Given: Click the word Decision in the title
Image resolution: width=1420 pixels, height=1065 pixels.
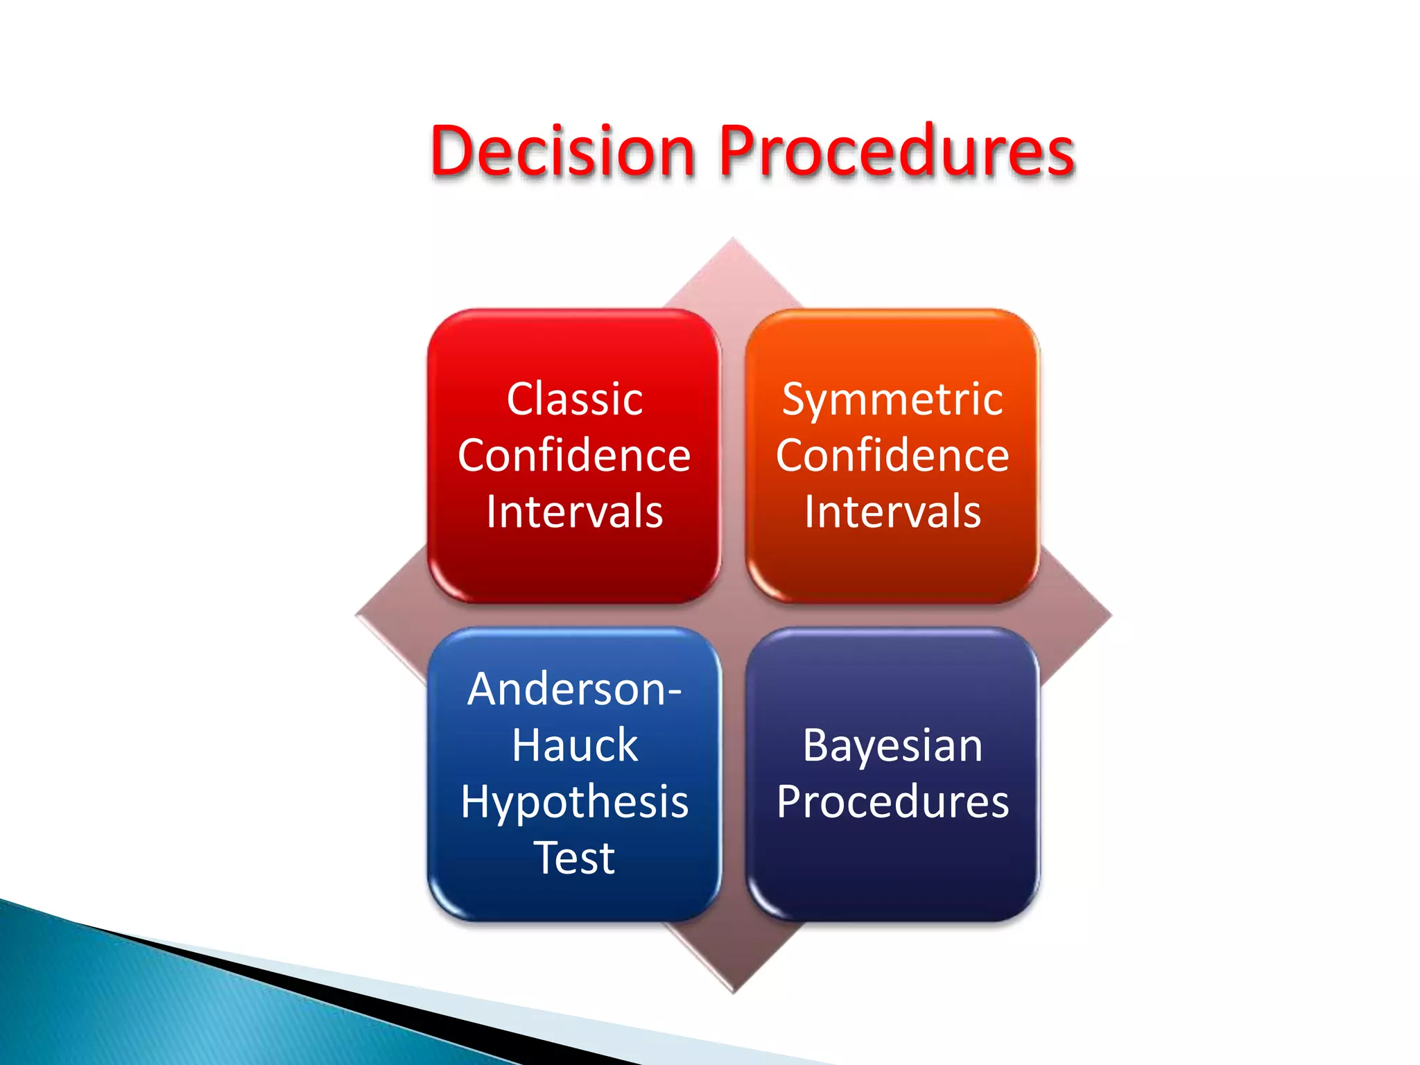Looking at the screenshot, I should pos(562,151).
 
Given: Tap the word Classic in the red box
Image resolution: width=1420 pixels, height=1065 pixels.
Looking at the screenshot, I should pos(574,399).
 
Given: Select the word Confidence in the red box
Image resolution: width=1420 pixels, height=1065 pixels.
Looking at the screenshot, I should pos(574,456).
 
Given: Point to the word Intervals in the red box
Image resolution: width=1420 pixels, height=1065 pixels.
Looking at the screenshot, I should pos(574,512).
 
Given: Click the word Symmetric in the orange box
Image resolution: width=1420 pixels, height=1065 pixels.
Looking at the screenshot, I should pos(892,400).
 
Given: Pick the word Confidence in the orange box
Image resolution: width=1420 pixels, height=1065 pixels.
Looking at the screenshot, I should pos(892,456).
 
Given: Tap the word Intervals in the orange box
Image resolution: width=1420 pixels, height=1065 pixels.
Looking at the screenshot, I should pos(892,512).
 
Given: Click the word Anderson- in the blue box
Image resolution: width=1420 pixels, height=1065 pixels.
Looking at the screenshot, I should pos(574,689).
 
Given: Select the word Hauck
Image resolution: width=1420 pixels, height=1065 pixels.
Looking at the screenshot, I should pos(574,745).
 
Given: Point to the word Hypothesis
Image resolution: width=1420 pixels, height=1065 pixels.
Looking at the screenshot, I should pos(574,802).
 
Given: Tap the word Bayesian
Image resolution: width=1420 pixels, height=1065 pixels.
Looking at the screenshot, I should pos(892,745).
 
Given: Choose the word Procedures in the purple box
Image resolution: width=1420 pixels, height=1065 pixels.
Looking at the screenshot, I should pos(892,802).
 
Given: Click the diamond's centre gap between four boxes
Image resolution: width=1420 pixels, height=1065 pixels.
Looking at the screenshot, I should pos(734,615).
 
